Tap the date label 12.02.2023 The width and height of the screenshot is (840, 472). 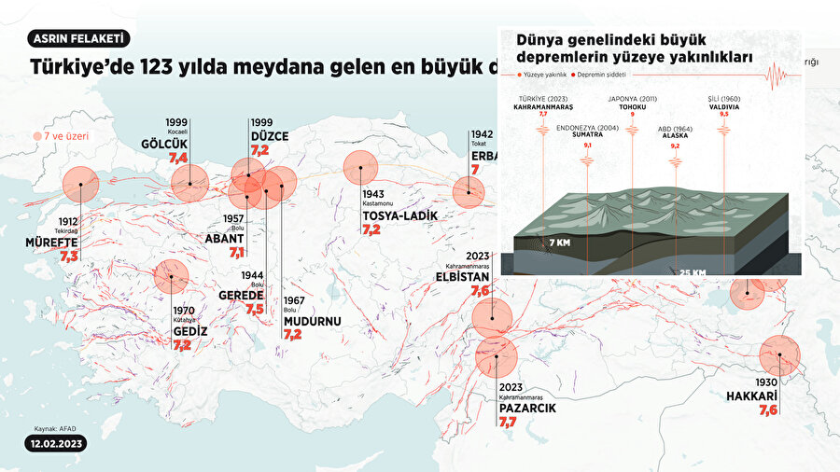[x=56, y=445]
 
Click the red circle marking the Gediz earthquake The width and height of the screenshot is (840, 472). [x=171, y=276]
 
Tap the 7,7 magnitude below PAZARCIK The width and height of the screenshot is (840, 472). [x=508, y=423]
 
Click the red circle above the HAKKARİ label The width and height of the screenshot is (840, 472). [x=780, y=355]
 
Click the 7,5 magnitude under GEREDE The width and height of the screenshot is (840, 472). [x=255, y=309]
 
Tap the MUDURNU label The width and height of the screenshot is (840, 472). [x=312, y=322]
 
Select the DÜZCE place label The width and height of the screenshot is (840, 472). [x=270, y=136]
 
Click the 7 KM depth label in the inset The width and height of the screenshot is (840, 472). [x=560, y=243]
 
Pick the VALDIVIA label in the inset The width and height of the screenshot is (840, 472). [x=724, y=105]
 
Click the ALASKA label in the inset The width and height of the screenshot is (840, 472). [x=677, y=134]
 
